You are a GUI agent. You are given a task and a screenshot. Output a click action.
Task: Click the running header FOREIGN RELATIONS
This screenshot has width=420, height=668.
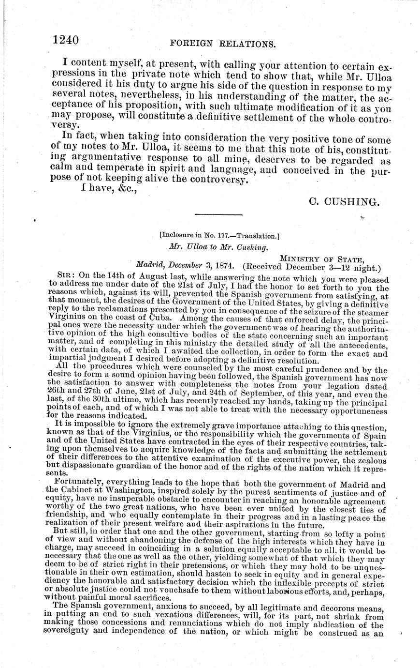223,44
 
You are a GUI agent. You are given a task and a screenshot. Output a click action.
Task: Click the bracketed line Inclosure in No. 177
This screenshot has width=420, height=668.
219,237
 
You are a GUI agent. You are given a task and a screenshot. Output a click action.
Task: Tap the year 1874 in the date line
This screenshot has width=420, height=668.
223,266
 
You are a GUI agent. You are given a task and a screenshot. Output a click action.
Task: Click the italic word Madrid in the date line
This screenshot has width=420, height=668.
151,266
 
